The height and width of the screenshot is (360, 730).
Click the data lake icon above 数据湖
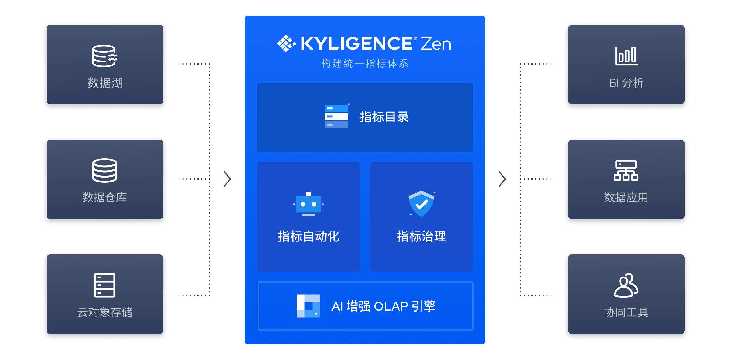tap(105, 56)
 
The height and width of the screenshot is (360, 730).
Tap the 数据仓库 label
tap(105, 197)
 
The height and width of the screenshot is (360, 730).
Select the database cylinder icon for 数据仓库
tap(105, 170)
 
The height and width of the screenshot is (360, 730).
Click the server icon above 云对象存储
tap(105, 285)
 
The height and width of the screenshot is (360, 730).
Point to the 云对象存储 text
tap(105, 312)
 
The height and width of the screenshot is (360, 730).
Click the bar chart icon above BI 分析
tap(626, 56)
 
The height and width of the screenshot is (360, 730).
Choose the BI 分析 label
tap(626, 83)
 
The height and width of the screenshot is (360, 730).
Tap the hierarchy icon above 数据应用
tap(626, 170)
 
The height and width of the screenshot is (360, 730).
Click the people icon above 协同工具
tap(626, 285)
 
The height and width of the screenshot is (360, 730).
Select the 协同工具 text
tap(626, 312)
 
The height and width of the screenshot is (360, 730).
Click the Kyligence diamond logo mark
tap(286, 43)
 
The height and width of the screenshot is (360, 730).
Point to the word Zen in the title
tap(436, 44)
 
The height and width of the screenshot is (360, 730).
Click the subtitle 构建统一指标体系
tap(365, 64)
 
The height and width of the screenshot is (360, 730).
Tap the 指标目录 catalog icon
tap(336, 117)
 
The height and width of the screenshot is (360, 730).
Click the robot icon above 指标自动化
tap(308, 204)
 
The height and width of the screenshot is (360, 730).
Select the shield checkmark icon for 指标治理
tap(421, 204)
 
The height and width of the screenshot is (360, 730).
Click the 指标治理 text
tap(421, 236)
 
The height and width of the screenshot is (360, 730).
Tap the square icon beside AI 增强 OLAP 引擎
tap(308, 306)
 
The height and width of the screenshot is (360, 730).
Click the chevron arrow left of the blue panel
tap(228, 179)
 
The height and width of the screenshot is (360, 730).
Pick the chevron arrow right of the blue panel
tap(502, 179)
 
